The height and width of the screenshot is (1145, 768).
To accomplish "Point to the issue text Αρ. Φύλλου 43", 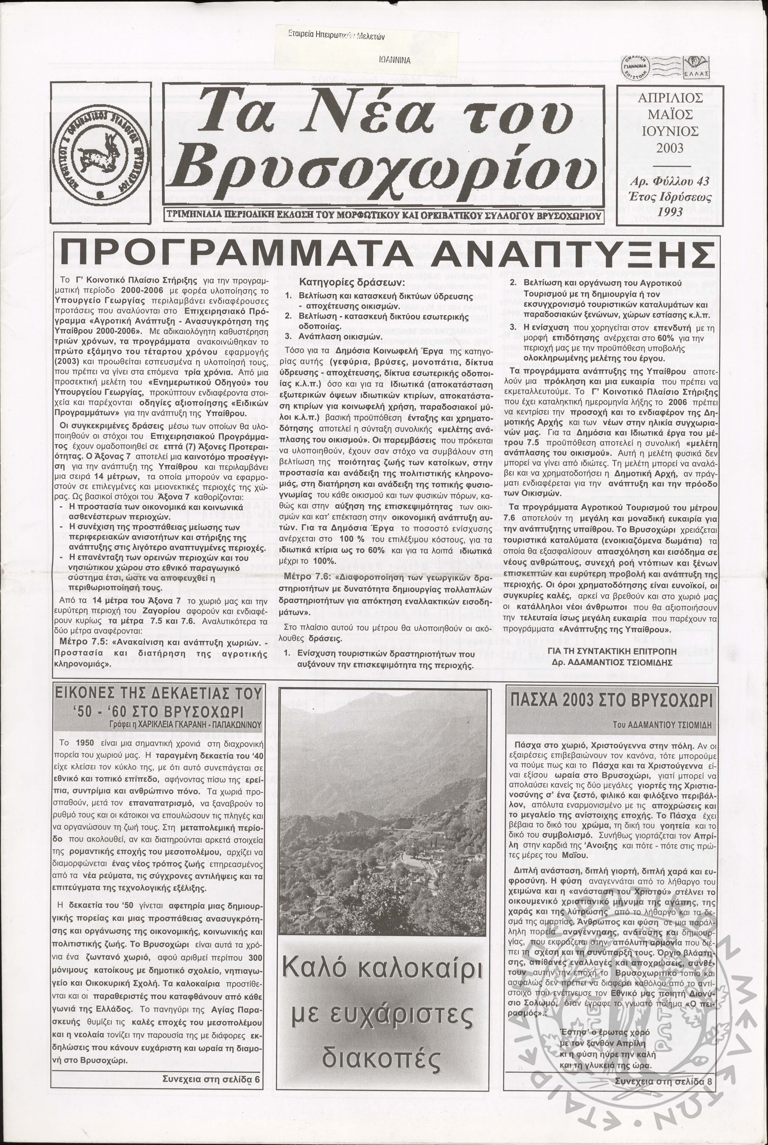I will (x=670, y=182).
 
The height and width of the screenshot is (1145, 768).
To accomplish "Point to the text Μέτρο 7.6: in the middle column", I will (x=303, y=577).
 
